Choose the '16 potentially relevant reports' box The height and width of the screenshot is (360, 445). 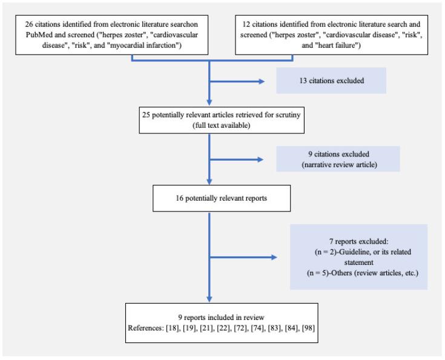209,198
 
